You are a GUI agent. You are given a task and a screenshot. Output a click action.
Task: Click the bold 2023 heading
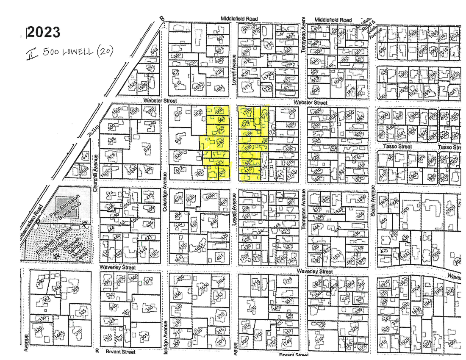tap(43, 32)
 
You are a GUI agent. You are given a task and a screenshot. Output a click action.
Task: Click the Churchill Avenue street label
tap(96, 177)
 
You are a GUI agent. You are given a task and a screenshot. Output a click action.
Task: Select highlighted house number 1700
tap(247, 111)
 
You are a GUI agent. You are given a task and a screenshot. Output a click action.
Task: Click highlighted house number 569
tap(219, 111)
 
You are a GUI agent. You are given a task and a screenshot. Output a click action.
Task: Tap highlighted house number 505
tap(223, 173)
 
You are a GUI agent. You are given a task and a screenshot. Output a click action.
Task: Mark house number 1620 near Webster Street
tap(197, 113)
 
